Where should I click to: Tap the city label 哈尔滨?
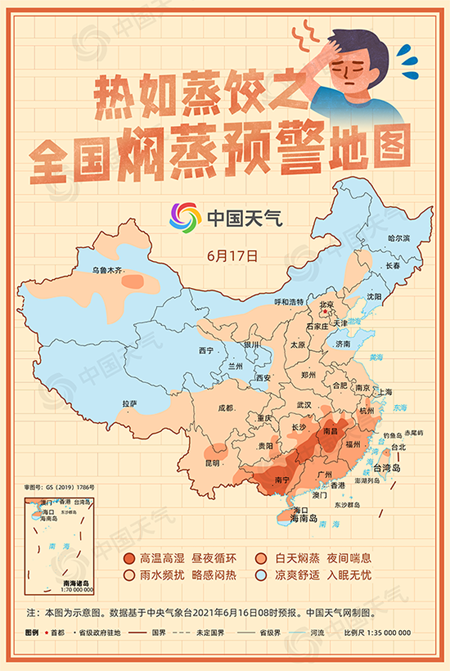(x=398, y=237)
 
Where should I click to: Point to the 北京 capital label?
(x=327, y=304)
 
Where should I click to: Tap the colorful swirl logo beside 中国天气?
(x=185, y=217)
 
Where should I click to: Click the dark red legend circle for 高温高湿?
(x=128, y=558)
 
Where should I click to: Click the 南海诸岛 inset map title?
(x=79, y=582)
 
